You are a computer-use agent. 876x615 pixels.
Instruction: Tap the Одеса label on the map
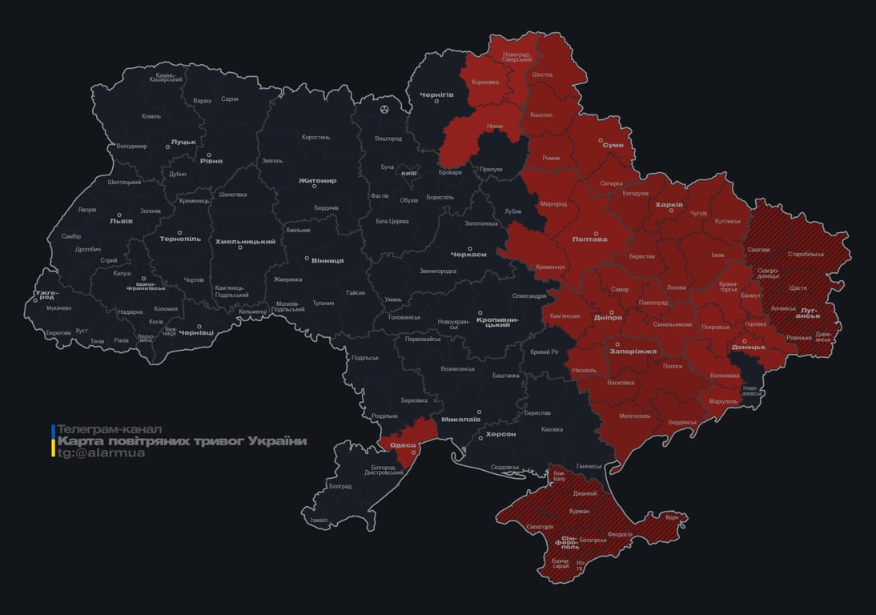[x=403, y=445]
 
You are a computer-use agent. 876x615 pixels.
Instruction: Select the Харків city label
[x=669, y=205]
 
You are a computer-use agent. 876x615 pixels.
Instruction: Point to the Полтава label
[x=589, y=239]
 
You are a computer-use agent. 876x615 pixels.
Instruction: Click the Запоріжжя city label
[x=633, y=352]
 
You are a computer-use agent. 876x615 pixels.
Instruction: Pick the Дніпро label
[x=609, y=318]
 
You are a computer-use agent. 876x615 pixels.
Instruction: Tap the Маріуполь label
[x=724, y=400]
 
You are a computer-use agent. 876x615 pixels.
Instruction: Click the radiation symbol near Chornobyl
[x=385, y=107]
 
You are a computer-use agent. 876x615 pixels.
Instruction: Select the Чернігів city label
[x=436, y=94]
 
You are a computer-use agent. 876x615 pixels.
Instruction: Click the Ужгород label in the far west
[x=46, y=295]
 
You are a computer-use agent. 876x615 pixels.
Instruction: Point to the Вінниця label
[x=327, y=261]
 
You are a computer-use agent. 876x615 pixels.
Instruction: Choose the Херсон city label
[x=500, y=434]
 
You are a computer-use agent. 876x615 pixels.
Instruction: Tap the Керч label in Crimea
[x=672, y=518]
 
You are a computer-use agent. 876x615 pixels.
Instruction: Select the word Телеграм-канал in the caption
[x=109, y=429]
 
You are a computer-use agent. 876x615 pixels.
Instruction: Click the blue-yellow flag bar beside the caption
[x=53, y=441]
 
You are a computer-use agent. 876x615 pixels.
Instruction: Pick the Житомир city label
[x=317, y=181]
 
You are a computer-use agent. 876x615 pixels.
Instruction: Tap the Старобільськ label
[x=806, y=254]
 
